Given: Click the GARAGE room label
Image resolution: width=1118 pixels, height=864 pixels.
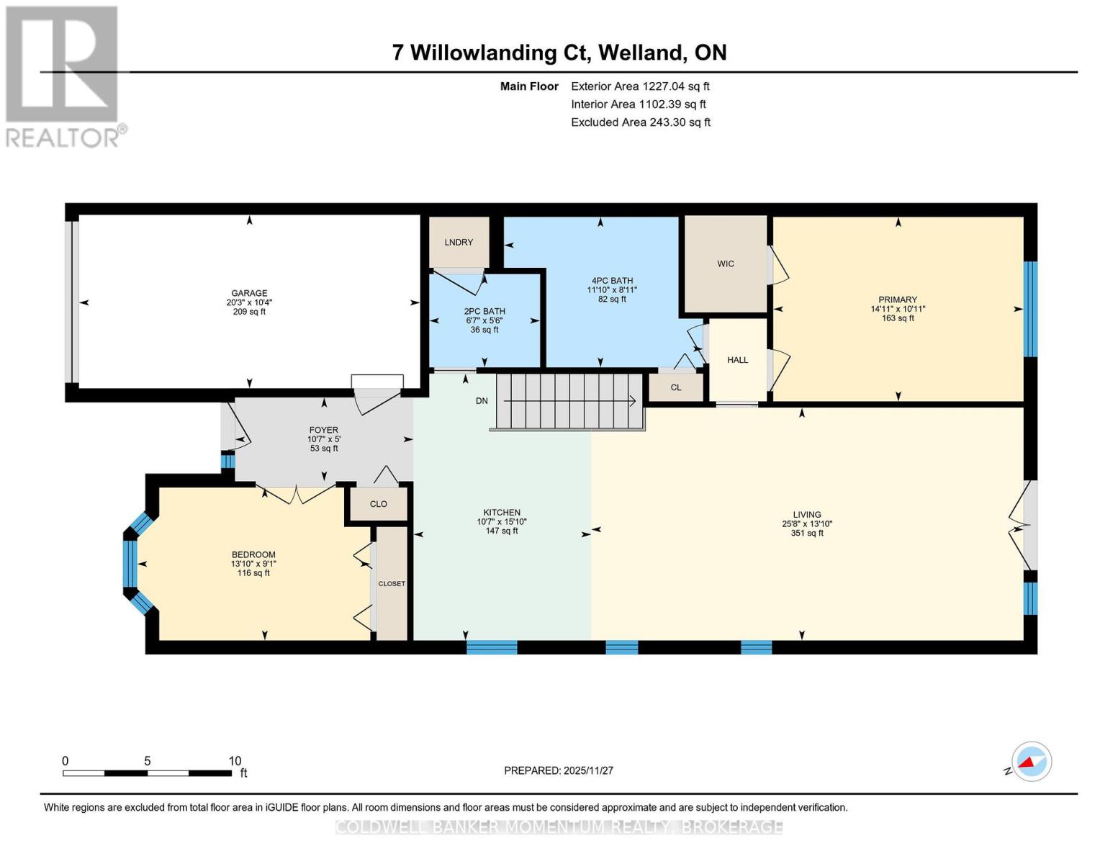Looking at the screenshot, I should [x=249, y=293].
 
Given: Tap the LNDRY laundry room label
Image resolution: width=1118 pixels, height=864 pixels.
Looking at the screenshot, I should [x=459, y=242].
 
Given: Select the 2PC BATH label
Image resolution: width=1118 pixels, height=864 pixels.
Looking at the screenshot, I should [x=484, y=312].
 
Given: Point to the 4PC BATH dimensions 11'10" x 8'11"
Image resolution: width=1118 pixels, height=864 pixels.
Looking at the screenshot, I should [x=612, y=290].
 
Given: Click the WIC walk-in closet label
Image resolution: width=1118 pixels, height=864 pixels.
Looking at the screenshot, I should [x=725, y=264].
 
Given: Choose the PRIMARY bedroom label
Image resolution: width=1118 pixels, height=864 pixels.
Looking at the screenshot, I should [x=897, y=300].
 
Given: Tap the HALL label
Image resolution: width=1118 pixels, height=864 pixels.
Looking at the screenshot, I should [x=737, y=360].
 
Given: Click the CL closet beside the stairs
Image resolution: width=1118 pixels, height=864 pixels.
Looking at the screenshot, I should [x=675, y=387].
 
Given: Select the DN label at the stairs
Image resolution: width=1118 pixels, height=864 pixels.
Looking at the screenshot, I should [x=482, y=401].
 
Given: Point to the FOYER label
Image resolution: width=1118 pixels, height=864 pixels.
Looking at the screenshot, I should [x=323, y=430].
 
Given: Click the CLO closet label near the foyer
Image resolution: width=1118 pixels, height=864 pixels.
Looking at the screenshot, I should [x=378, y=504].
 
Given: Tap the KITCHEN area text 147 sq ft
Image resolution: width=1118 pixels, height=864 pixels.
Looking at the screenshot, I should [x=501, y=531].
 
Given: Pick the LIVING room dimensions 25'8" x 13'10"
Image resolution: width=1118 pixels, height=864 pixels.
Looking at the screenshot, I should [x=807, y=524].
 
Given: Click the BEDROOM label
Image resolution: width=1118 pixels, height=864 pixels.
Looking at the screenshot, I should [x=253, y=554].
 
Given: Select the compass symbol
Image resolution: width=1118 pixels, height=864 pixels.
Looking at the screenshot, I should [x=1031, y=762].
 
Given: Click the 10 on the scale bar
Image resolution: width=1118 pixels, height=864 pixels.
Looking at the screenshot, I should [x=235, y=761].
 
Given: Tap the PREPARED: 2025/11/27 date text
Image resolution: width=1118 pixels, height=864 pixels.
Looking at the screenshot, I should [x=558, y=770].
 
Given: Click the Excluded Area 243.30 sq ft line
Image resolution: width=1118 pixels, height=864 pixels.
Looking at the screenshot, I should [x=640, y=122].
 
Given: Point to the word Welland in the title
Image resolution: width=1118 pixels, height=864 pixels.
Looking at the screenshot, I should [x=641, y=53].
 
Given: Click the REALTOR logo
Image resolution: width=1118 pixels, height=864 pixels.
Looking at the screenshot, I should [x=63, y=76].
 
